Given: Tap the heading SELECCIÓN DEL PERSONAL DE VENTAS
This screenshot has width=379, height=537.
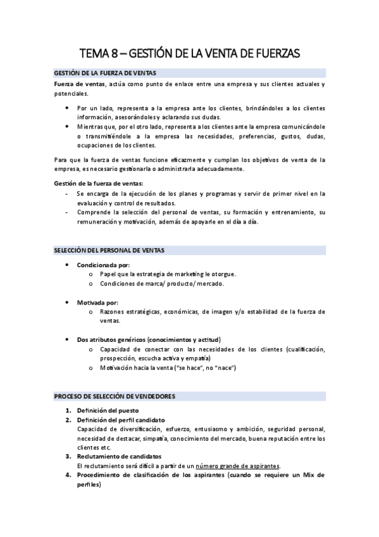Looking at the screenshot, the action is pyautogui.click(x=109, y=250).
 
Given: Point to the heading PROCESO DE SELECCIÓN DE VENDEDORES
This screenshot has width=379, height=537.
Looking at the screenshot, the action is pyautogui.click(x=115, y=396).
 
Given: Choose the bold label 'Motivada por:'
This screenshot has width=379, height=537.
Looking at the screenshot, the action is pyautogui.click(x=97, y=302).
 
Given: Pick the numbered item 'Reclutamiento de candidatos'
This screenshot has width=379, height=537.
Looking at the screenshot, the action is pyautogui.click(x=119, y=457).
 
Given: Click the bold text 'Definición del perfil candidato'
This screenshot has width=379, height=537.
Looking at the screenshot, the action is pyautogui.click(x=121, y=420).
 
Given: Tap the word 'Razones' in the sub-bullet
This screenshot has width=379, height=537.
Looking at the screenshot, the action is pyautogui.click(x=112, y=312).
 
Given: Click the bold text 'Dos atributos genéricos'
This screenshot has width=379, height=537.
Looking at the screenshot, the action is pyautogui.click(x=113, y=340).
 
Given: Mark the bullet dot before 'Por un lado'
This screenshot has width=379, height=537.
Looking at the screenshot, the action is pyautogui.click(x=68, y=108).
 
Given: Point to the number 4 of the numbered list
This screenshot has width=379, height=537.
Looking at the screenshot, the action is pyautogui.click(x=68, y=475).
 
